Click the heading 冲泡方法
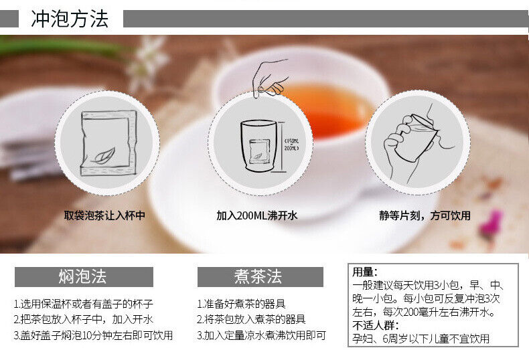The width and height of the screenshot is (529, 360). (70, 19)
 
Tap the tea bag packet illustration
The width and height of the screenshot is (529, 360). (108, 143)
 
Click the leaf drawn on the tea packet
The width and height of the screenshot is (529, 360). (104, 155)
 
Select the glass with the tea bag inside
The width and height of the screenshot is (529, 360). (259, 145)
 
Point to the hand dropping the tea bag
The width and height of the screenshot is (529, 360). (270, 78)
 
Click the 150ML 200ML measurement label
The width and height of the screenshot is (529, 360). (291, 145)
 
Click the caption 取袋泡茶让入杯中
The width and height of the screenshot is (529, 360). (104, 215)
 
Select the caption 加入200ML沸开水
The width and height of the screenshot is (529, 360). (256, 215)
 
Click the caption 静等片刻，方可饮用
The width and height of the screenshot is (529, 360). (425, 215)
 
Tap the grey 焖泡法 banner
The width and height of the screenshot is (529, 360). (84, 277)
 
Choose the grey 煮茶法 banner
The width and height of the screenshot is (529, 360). (260, 277)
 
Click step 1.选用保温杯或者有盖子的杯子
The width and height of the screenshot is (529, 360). (83, 304)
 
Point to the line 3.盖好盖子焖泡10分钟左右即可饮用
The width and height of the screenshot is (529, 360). (93, 335)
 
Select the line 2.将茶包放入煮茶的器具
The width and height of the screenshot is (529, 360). (251, 319)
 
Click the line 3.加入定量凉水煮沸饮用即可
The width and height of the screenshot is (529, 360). (261, 335)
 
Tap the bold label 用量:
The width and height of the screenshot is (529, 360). (365, 272)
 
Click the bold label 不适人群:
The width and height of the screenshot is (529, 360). (376, 326)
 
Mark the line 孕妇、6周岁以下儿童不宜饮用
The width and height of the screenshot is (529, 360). (421, 339)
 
